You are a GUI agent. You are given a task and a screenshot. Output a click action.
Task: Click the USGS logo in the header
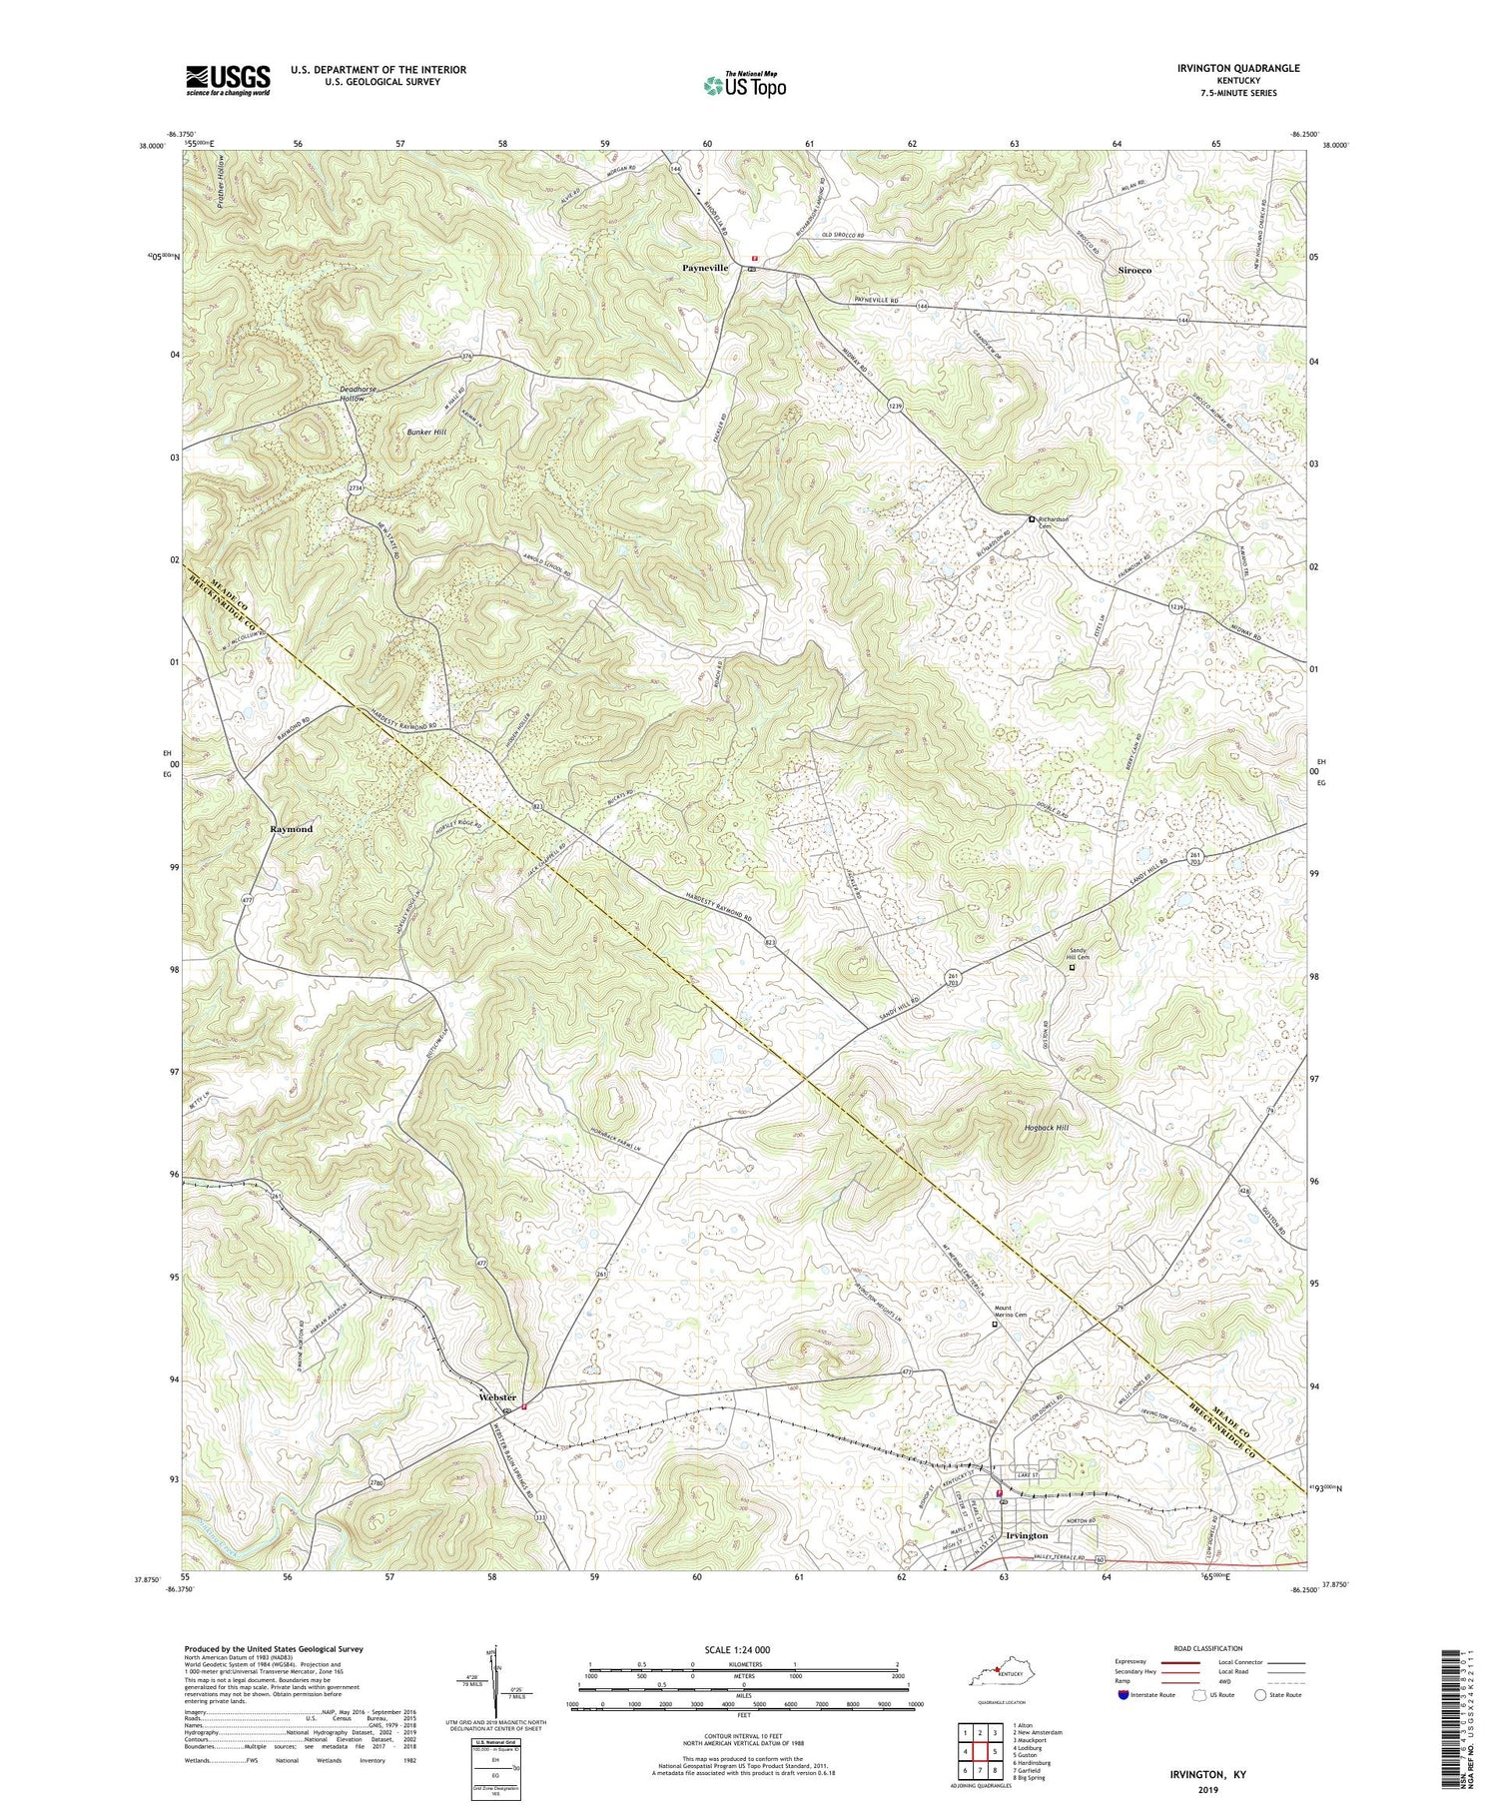(228, 80)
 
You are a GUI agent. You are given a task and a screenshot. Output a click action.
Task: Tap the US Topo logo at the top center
(744, 85)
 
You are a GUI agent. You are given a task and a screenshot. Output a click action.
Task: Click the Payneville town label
(705, 269)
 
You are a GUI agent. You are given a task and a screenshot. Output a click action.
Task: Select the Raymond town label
(292, 829)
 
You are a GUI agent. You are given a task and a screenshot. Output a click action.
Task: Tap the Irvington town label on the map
(1027, 1535)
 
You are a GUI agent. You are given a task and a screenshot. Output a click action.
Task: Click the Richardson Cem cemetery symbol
(1033, 518)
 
